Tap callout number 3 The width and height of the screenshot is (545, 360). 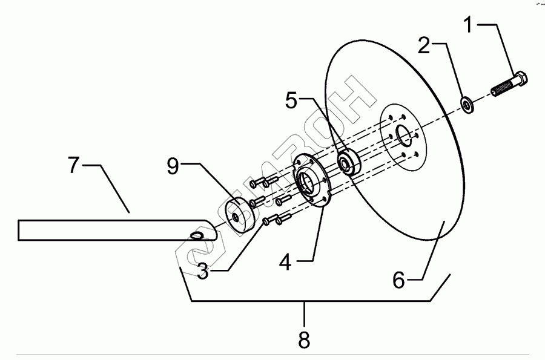[203, 272]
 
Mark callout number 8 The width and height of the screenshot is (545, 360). [304, 339]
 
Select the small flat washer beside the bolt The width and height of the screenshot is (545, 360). [469, 105]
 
